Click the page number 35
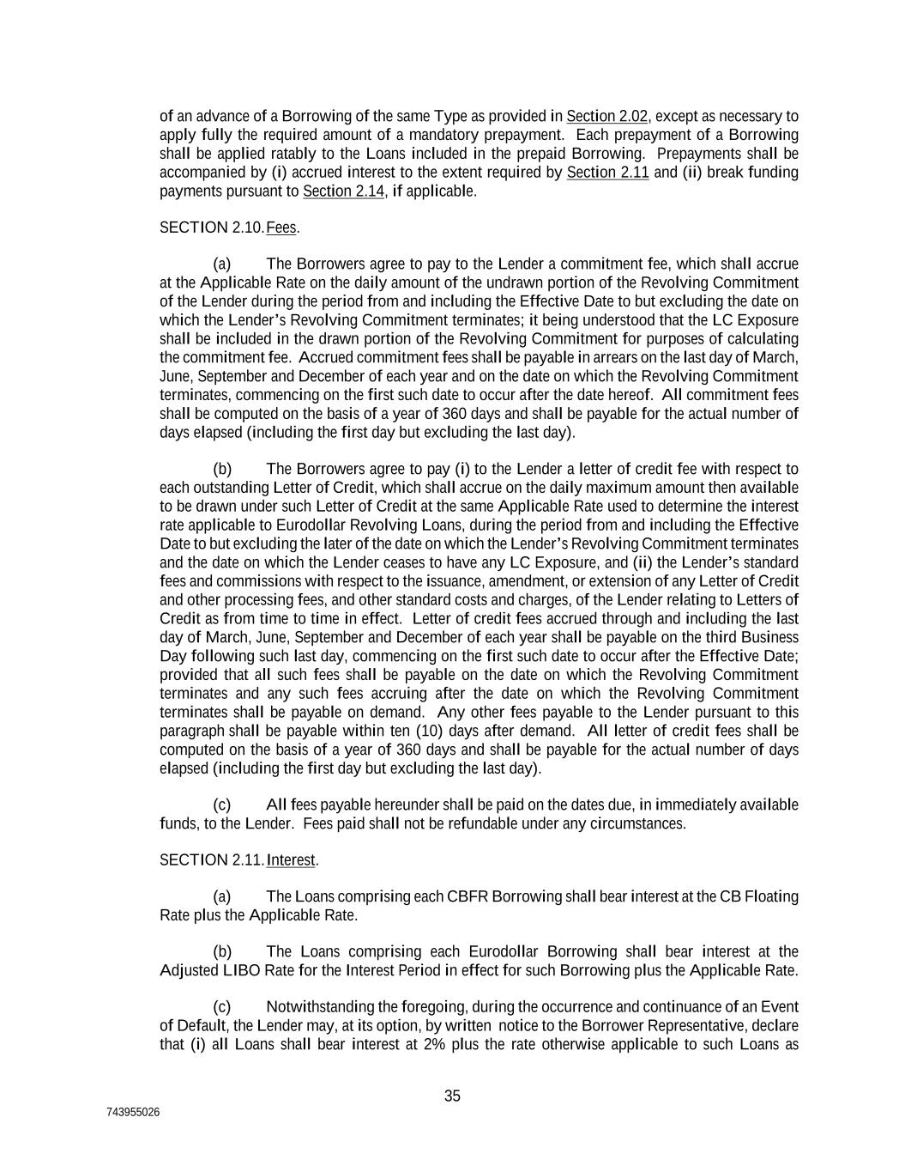452,1096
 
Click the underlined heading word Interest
292,859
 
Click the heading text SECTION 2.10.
211,228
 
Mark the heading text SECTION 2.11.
211,859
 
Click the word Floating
771,896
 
